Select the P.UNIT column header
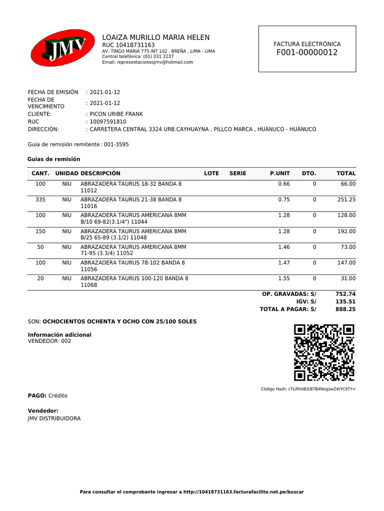point(279,174)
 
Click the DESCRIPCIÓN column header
point(100,174)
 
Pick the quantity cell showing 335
point(40,200)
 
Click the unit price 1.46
point(284,247)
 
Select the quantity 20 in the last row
point(40,278)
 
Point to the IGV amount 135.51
point(345,302)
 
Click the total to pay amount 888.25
point(345,309)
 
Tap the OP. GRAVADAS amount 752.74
point(345,294)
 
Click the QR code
point(324,353)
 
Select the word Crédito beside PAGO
point(58,396)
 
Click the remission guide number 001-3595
point(116,145)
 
